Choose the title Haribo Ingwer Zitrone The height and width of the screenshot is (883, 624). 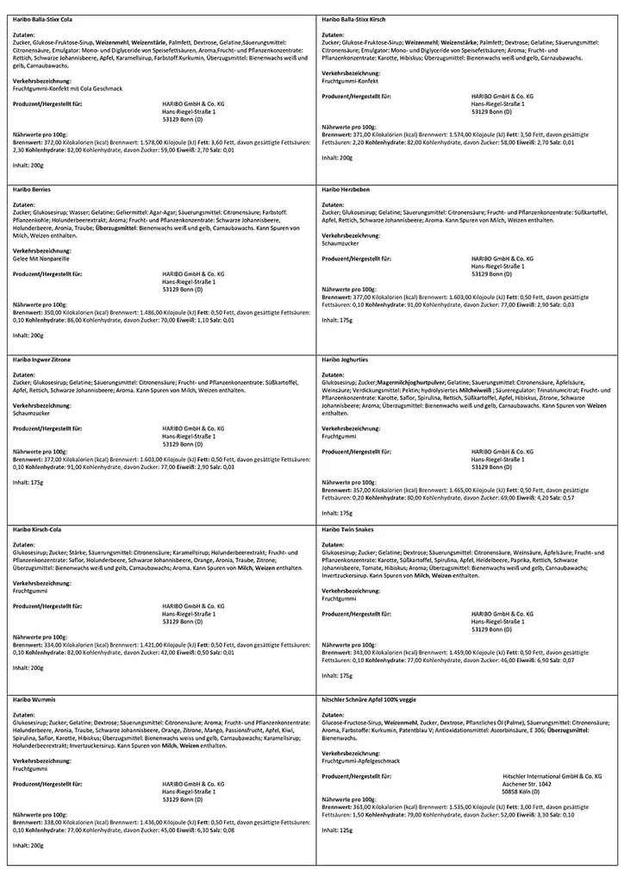click(x=41, y=358)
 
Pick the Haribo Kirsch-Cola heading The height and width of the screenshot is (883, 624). click(x=37, y=528)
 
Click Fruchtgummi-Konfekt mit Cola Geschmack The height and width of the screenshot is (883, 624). click(x=62, y=88)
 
